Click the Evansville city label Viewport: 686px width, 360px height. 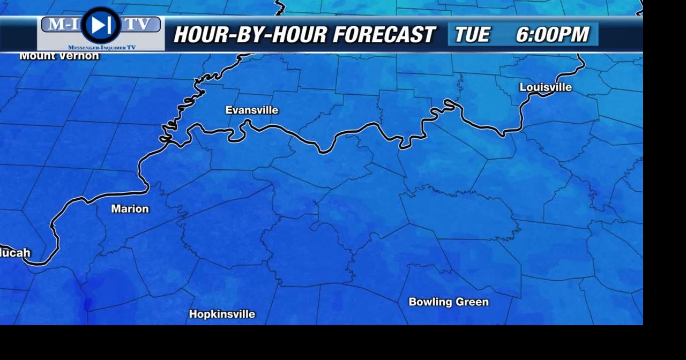pos(251,110)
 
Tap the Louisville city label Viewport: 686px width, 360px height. pos(546,87)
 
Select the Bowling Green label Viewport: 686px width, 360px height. pos(449,302)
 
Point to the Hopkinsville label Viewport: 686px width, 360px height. pos(222,314)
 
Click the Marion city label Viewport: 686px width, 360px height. pos(130,209)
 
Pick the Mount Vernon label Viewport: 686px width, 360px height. pos(59,56)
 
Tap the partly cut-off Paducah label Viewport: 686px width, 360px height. pos(15,253)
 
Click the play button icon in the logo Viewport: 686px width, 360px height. pos(100,25)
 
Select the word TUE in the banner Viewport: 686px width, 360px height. pos(472,35)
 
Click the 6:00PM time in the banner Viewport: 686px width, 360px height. pos(552,35)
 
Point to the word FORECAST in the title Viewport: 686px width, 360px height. pos(384,35)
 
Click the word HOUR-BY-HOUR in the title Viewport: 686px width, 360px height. pos(250,35)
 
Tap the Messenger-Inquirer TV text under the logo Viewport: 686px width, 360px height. pos(101,48)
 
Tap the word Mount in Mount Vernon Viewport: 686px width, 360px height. pos(36,56)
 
